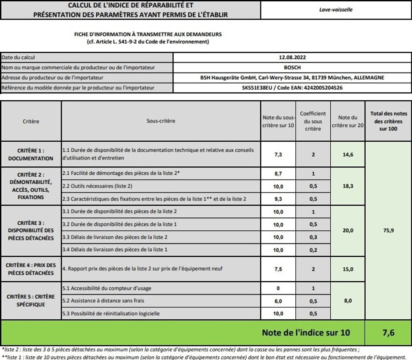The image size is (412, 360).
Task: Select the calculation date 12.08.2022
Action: pyautogui.click(x=292, y=58)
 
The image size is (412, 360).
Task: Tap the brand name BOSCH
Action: pyautogui.click(x=292, y=68)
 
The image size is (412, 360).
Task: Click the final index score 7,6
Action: pyautogui.click(x=388, y=333)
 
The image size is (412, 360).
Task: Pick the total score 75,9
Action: pyautogui.click(x=388, y=230)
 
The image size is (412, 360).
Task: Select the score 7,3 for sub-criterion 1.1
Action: pyautogui.click(x=278, y=154)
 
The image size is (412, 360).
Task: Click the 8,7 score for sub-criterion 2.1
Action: pyautogui.click(x=278, y=174)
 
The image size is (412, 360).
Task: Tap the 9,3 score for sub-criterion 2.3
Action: pyautogui.click(x=278, y=199)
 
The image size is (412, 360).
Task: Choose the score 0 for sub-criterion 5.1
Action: pyautogui.click(x=278, y=289)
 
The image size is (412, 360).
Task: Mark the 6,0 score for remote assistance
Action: pyautogui.click(x=278, y=301)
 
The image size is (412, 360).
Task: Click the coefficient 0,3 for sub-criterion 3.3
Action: pyautogui.click(x=313, y=237)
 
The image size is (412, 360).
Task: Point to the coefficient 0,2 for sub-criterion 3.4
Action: pyautogui.click(x=313, y=250)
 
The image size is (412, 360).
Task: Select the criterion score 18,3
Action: pyautogui.click(x=348, y=186)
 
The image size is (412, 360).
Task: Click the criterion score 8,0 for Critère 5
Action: pyautogui.click(x=348, y=300)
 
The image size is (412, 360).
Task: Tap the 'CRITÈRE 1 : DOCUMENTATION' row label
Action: pyautogui.click(x=31, y=154)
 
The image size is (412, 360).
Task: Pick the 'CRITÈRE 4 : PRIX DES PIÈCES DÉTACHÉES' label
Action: pyautogui.click(x=31, y=269)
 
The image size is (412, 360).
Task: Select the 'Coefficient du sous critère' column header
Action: pyautogui.click(x=313, y=121)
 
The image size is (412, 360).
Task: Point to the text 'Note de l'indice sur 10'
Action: pyautogui.click(x=306, y=333)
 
